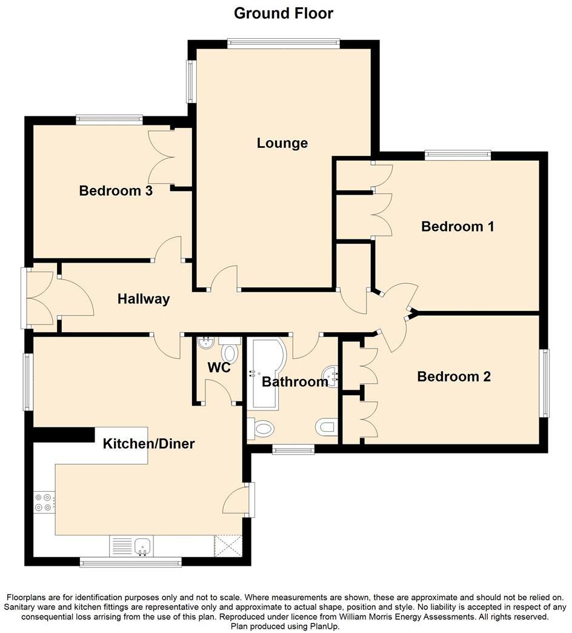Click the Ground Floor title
[x=283, y=13]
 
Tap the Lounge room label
[x=282, y=143]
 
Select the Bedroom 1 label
[x=457, y=226]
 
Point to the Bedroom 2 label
[x=454, y=377]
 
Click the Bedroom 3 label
[x=115, y=191]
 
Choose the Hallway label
[x=144, y=299]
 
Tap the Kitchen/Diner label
[x=148, y=444]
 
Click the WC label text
[x=218, y=367]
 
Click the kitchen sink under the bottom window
[x=143, y=546]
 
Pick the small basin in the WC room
[x=206, y=343]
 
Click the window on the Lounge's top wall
[x=284, y=43]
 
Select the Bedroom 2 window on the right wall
[x=545, y=383]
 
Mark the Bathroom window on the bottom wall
[x=293, y=449]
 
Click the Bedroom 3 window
[x=109, y=119]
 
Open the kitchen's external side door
[x=251, y=499]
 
